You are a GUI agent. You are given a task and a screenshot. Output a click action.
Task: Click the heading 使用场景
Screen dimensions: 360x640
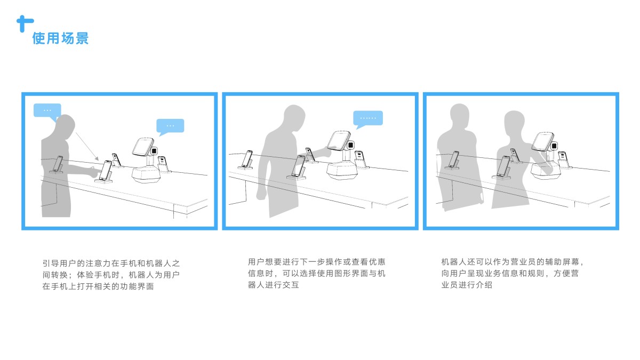[x=60, y=38]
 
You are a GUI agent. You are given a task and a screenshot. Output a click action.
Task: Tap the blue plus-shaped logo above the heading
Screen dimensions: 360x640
[x=24, y=22]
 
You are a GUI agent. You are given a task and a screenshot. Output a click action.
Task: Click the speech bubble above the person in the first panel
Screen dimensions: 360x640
[x=47, y=110]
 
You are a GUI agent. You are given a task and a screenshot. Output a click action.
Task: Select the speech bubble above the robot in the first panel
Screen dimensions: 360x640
[x=170, y=125]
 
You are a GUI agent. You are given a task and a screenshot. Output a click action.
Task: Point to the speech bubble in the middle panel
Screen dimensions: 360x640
[x=368, y=118]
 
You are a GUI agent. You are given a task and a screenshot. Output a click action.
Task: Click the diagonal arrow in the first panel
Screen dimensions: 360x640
[x=86, y=146]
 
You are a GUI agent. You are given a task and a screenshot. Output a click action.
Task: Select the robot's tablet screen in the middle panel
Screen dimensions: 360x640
[x=338, y=140]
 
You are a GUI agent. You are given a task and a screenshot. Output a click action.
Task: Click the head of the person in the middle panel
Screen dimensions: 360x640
[x=293, y=117]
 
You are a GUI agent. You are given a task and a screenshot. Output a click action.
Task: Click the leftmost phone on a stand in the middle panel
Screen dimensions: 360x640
[x=247, y=159]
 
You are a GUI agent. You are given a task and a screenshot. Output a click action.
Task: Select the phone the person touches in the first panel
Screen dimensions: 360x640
[x=106, y=170]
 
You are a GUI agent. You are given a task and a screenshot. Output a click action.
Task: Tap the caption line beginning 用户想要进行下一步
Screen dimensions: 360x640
[x=317, y=262]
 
